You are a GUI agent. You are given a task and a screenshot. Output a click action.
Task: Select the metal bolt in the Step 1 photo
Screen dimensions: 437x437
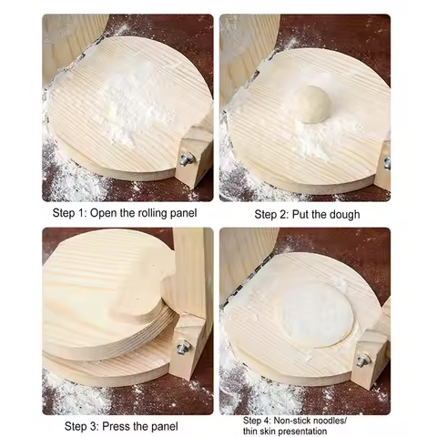[186, 158]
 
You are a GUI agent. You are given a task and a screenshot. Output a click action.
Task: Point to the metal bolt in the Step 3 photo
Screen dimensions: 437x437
[182, 346]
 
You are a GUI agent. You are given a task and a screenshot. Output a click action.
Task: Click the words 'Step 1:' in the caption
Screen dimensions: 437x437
[70, 214]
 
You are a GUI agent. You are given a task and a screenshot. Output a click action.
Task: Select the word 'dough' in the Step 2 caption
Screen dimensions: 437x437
[342, 215]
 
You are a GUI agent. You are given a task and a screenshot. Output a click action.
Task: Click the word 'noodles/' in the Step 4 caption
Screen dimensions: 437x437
[340, 421]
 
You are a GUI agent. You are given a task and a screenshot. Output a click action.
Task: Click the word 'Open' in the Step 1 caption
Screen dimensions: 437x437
[107, 214]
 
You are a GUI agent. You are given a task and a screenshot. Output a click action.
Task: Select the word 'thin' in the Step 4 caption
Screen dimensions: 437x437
[252, 432]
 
